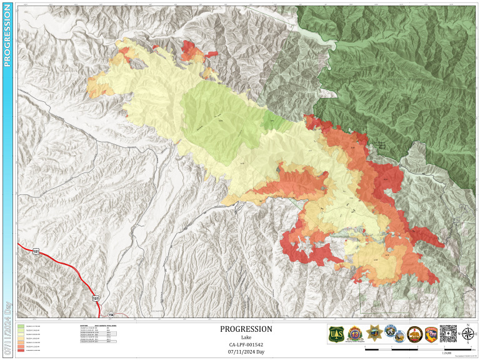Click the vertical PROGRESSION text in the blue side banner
click(7, 39)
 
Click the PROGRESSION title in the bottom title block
click(246, 329)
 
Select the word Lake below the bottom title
click(246, 337)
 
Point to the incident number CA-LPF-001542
click(246, 344)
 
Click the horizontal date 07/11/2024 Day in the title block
click(246, 352)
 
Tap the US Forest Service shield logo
click(336, 334)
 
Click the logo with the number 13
click(354, 334)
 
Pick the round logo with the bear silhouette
click(413, 334)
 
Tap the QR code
click(448, 334)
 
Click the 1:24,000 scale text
click(446, 353)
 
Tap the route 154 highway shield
click(111, 314)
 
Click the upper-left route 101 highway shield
click(36, 251)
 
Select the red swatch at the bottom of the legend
click(21, 351)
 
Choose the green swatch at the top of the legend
click(21, 326)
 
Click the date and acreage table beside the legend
click(98, 334)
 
